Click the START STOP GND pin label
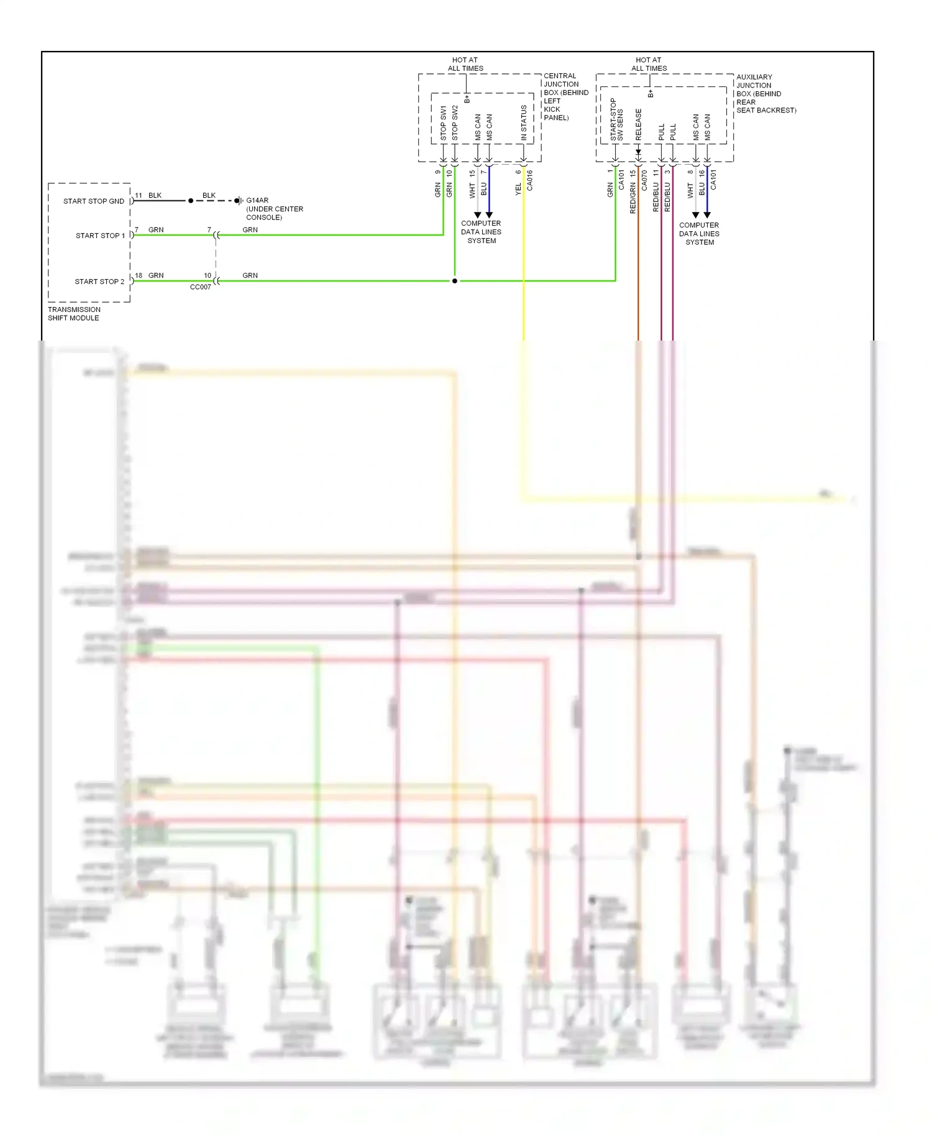point(93,201)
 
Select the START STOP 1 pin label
point(100,236)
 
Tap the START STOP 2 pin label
point(99,282)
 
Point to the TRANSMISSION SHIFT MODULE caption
point(74,314)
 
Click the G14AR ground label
point(257,201)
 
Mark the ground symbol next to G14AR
point(238,201)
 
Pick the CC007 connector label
point(200,287)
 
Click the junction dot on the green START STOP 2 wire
point(455,281)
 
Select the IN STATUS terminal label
point(524,122)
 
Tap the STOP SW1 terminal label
point(444,122)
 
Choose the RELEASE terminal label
point(638,124)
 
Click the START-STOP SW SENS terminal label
point(616,119)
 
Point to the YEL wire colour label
point(518,190)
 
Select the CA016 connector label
point(529,180)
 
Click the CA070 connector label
point(644,180)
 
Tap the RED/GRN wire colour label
point(633,198)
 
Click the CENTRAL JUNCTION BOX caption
point(565,96)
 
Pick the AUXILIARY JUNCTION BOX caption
point(765,94)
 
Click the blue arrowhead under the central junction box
point(489,215)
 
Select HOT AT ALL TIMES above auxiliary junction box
point(649,65)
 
